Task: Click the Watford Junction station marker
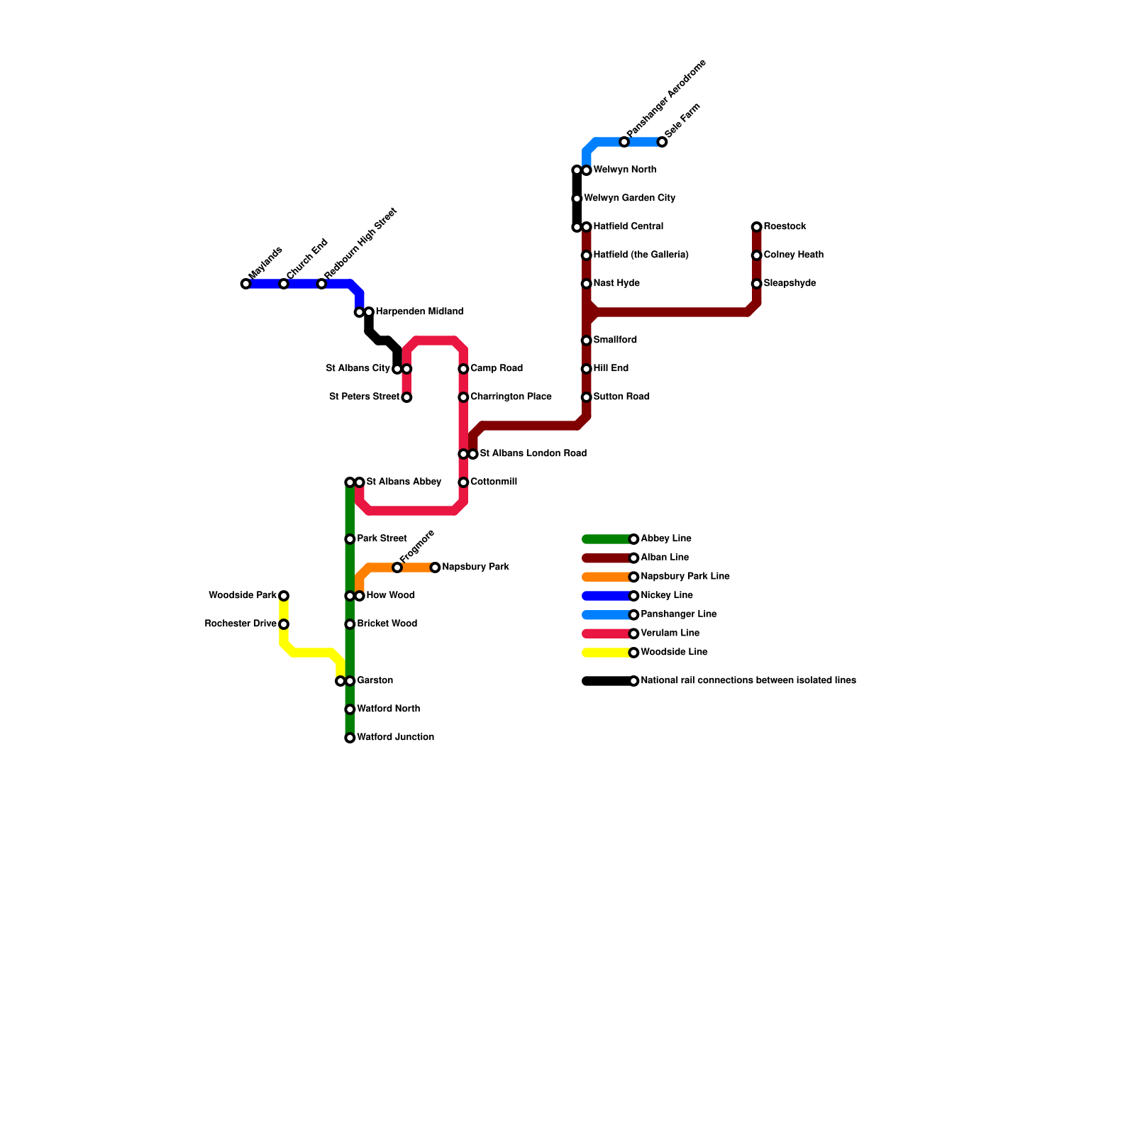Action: [350, 738]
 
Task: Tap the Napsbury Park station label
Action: [475, 567]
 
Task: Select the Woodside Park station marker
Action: [284, 596]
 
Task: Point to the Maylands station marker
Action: [245, 284]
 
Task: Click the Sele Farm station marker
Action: [662, 142]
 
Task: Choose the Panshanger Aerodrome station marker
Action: [624, 142]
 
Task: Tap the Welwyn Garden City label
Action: [629, 199]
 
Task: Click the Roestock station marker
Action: [757, 227]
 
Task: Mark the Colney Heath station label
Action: [793, 255]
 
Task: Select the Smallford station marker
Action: [587, 340]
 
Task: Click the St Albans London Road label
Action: [533, 454]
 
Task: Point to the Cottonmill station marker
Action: [463, 482]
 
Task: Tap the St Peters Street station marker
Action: [406, 397]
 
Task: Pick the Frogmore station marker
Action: [397, 567]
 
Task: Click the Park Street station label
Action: [382, 539]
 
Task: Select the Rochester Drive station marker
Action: [284, 624]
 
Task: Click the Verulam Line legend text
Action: [670, 633]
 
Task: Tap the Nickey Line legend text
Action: [666, 596]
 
